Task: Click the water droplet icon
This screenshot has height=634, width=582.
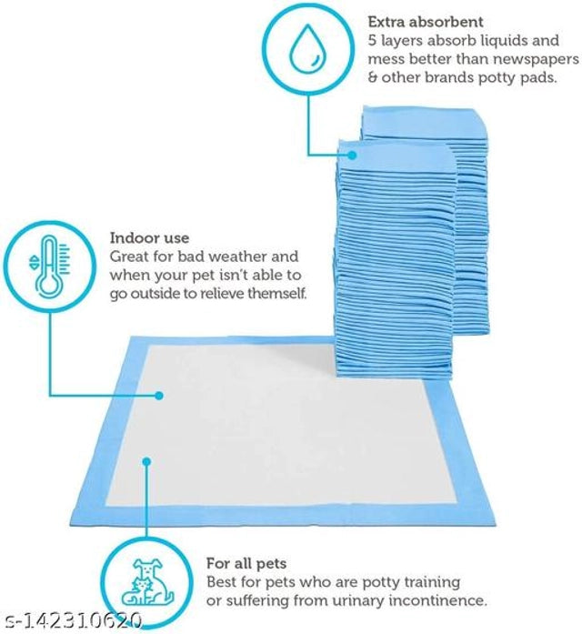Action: (x=307, y=49)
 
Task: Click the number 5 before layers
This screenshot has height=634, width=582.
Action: (x=372, y=41)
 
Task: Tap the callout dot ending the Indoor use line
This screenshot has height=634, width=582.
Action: (x=158, y=396)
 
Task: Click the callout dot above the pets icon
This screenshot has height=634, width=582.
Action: (x=145, y=462)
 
